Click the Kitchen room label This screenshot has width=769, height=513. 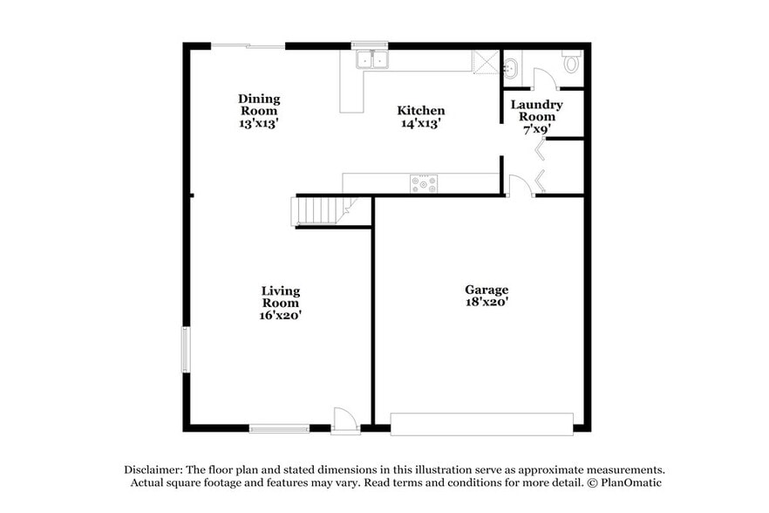[x=421, y=111]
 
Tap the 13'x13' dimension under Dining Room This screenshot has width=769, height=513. [x=258, y=124]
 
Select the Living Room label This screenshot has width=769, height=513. [x=280, y=297]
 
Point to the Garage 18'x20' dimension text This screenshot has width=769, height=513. [x=487, y=302]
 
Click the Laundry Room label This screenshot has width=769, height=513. [x=536, y=111]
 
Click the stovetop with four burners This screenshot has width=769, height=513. [x=424, y=184]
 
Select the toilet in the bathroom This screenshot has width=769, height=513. [x=572, y=62]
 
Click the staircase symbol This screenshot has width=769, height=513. [x=319, y=211]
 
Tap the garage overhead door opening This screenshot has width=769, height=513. [x=481, y=424]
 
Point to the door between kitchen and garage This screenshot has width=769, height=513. [x=519, y=186]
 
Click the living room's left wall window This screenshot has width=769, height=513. [x=185, y=349]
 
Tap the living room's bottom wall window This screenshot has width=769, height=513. [x=279, y=428]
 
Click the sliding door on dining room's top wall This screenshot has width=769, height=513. [x=249, y=45]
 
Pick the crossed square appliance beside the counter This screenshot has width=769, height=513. [x=485, y=62]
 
